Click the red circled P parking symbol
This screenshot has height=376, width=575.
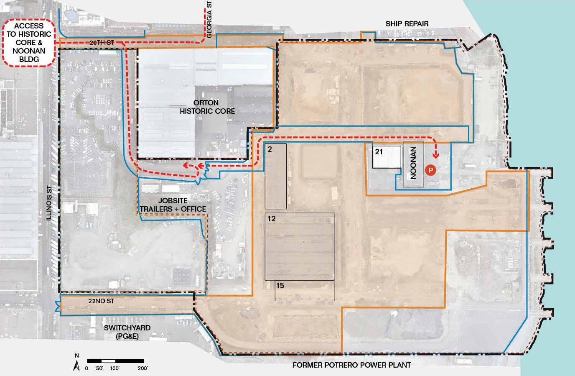(431, 170)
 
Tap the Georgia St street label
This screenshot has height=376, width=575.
(209, 20)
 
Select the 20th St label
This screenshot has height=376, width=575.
(102, 43)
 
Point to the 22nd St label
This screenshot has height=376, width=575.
(101, 301)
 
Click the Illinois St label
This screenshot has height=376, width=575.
(49, 203)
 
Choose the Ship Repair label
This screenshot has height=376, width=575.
(407, 24)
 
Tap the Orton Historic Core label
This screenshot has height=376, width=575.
(207, 107)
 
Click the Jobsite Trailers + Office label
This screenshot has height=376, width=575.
(173, 205)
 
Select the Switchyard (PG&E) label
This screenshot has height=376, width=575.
(127, 332)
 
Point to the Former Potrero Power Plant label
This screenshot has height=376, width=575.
(352, 365)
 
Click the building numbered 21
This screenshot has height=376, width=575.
(387, 157)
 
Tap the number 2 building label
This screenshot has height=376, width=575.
(270, 149)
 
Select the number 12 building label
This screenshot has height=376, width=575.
(272, 219)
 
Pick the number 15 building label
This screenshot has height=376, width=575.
(280, 286)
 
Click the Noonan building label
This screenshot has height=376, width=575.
(413, 163)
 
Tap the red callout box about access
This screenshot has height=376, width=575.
(29, 43)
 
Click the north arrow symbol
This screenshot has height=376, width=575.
(76, 363)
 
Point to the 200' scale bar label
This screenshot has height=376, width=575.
(143, 368)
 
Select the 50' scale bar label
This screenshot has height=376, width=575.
(99, 368)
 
